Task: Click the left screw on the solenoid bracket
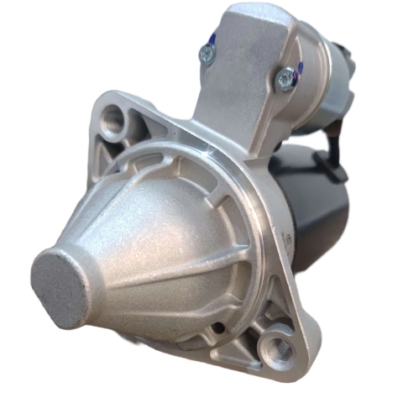[x=206, y=54]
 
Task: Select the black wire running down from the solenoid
[x=329, y=143]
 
